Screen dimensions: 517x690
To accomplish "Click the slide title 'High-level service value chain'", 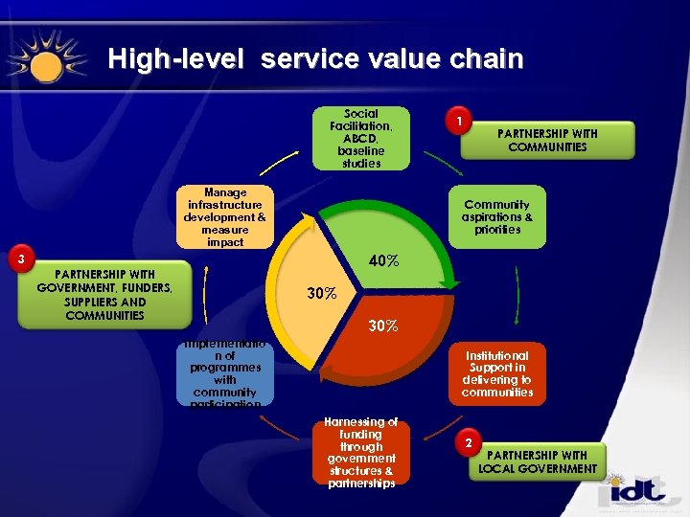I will click(x=315, y=59).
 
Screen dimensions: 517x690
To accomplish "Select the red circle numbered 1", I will click(x=461, y=122).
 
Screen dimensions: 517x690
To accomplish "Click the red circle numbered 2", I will click(x=468, y=443).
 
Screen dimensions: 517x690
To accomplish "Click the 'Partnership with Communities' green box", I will click(x=547, y=140).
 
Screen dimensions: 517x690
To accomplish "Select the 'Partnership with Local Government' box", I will click(x=538, y=461).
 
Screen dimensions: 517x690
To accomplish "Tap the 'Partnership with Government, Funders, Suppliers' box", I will click(x=105, y=295).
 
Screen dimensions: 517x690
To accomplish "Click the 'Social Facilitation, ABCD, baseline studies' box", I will click(x=360, y=138).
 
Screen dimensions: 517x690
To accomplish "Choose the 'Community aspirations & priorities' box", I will click(x=497, y=217).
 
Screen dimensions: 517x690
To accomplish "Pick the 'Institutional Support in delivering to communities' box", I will click(x=496, y=373).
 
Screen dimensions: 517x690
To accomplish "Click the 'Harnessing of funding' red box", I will click(x=360, y=453).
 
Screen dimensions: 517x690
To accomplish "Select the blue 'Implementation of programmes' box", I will click(x=225, y=373).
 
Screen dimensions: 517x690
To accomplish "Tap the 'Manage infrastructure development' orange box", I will click(x=225, y=217).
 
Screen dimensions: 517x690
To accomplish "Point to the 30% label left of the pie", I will click(x=321, y=294).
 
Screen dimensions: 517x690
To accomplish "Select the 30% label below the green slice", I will click(x=383, y=326).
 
